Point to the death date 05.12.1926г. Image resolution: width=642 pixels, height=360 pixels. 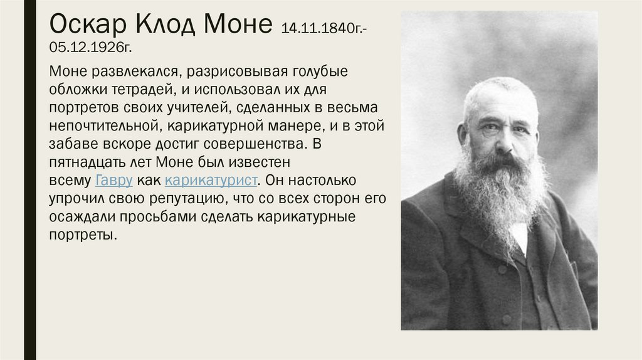[90, 48]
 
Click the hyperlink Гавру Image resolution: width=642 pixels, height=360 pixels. [113, 181]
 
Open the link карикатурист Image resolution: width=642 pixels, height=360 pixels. [211, 181]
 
